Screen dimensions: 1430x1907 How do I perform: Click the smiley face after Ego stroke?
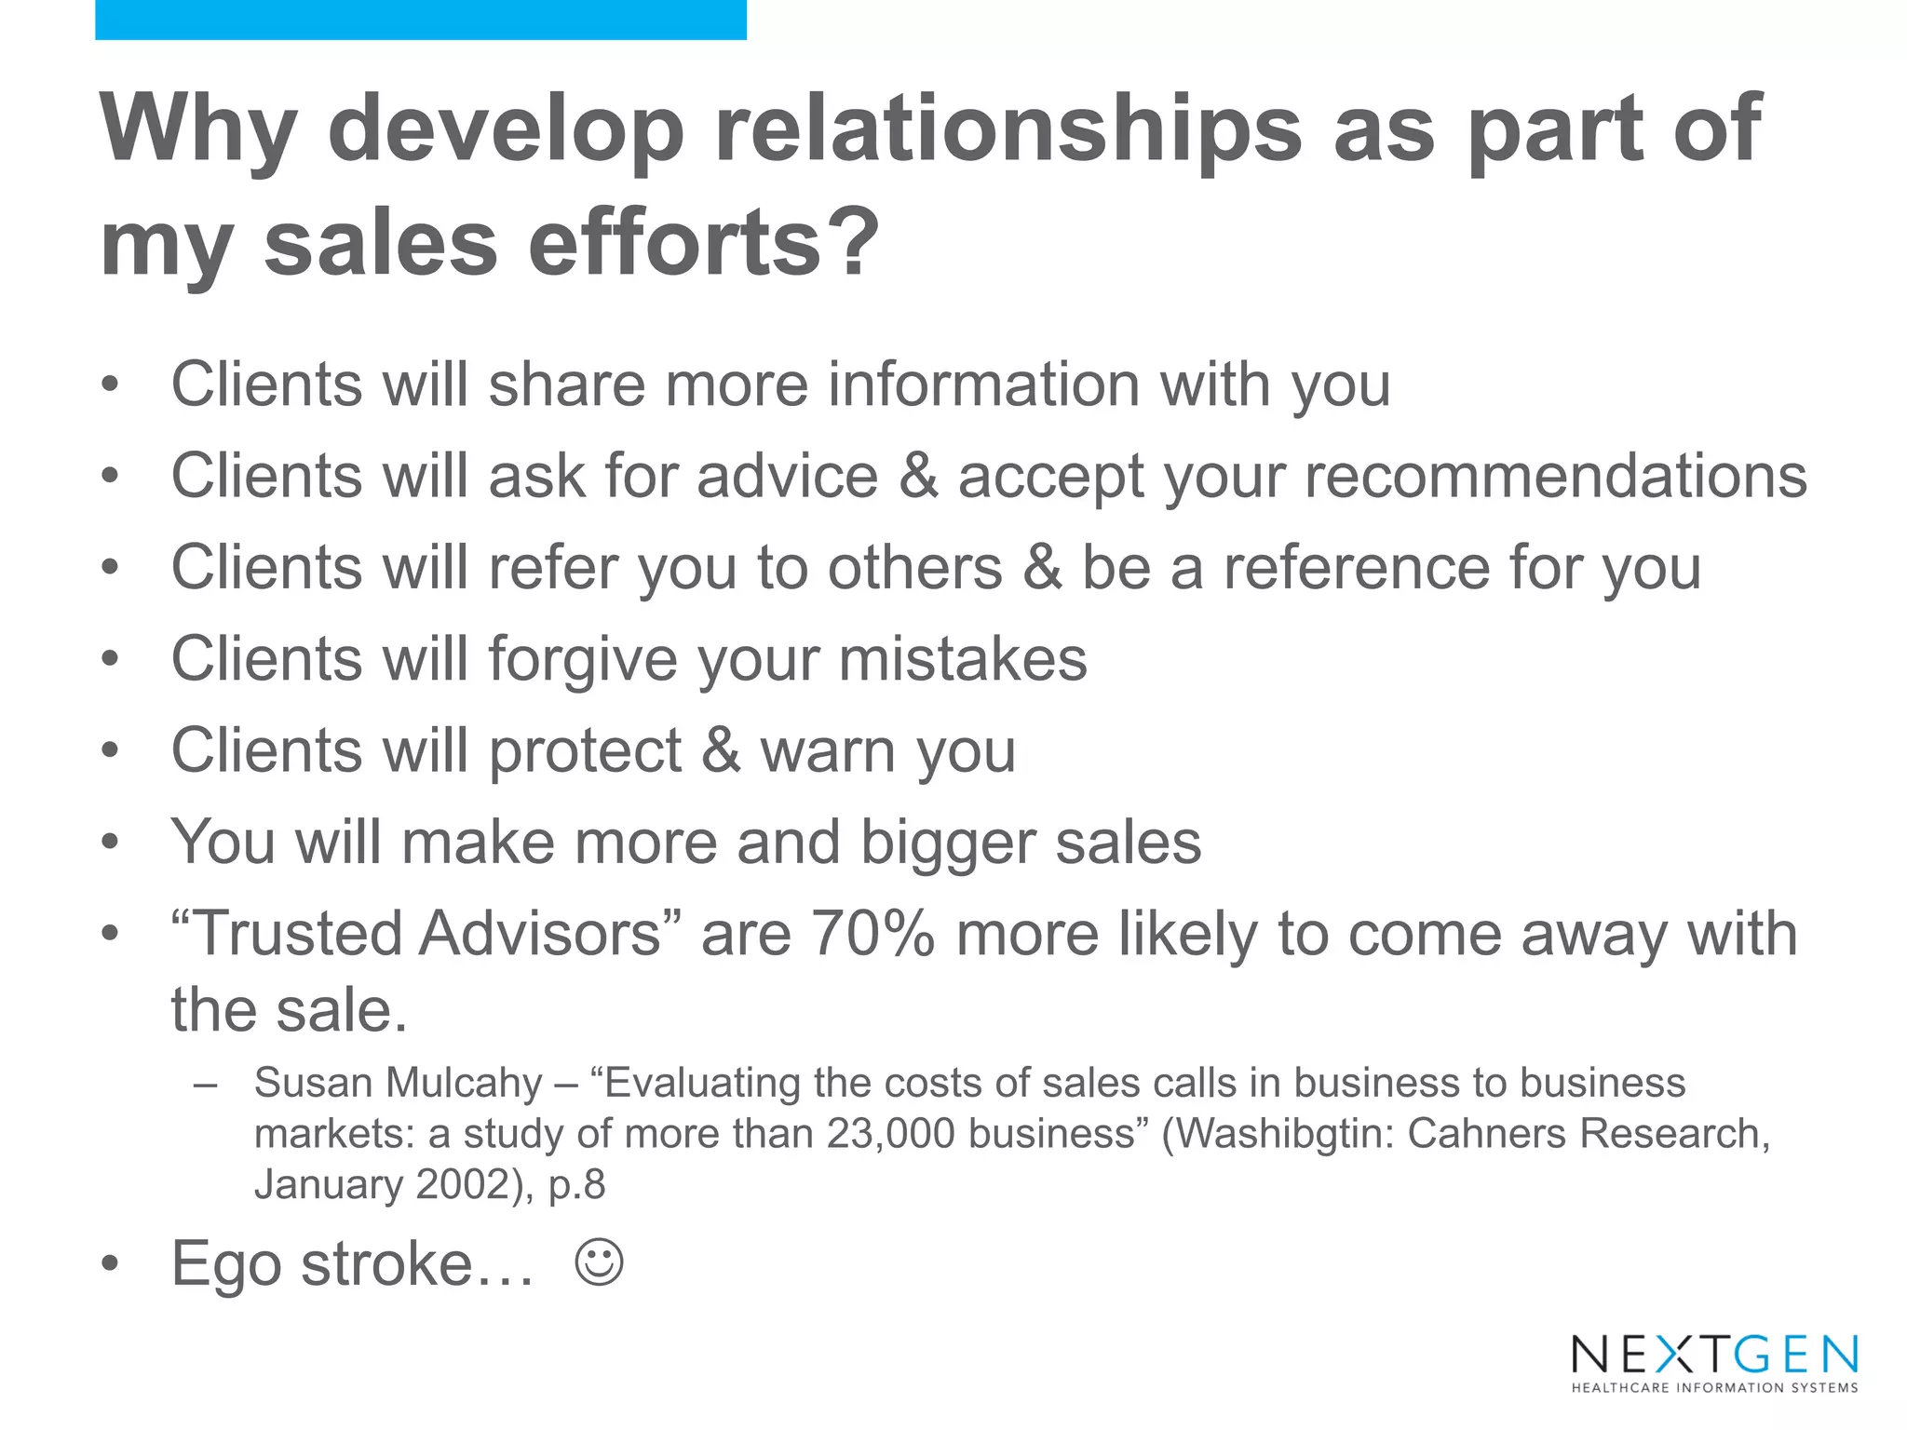pos(599,1262)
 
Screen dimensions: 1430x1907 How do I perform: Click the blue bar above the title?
pos(421,20)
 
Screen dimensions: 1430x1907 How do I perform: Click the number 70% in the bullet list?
pos(872,934)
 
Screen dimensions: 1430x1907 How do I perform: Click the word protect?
pos(586,751)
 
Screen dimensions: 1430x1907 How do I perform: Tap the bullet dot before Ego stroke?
pos(111,1264)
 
